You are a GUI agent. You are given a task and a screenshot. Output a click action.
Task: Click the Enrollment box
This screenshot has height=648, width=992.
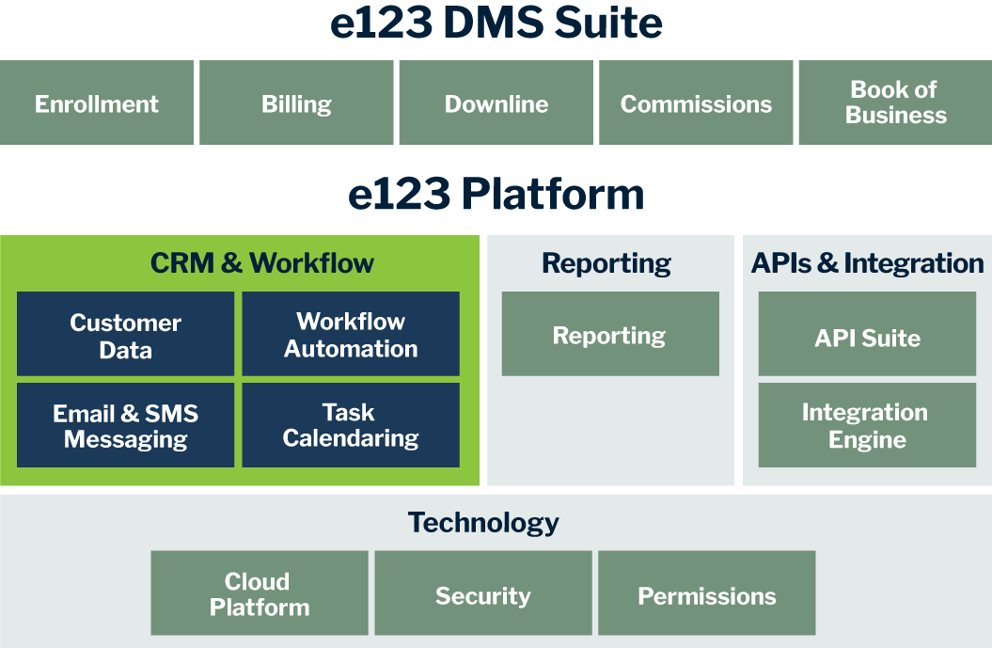97,103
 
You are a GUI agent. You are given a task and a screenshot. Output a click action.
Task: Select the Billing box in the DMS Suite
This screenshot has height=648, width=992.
296,103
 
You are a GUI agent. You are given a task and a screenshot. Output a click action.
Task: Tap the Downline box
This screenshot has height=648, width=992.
496,103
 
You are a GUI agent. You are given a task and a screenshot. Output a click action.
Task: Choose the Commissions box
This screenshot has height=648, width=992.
696,103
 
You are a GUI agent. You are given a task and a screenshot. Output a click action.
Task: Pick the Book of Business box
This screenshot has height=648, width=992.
895,103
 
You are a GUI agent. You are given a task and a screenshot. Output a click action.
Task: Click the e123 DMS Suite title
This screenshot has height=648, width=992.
496,24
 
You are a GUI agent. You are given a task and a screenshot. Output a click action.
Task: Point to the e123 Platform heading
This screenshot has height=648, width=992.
496,195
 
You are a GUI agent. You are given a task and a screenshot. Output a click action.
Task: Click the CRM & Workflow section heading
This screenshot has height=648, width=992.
262,263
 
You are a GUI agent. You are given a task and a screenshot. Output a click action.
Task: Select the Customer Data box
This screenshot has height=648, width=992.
125,335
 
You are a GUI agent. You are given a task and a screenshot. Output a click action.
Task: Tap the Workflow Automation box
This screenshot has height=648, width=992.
351,335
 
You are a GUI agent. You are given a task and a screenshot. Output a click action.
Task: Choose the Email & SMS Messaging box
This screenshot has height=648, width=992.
125,426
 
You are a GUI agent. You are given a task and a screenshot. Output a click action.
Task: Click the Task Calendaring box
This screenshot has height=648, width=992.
351,425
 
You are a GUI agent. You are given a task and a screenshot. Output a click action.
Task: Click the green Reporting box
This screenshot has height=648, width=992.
609,335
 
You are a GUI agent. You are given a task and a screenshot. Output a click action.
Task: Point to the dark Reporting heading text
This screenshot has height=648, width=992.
606,264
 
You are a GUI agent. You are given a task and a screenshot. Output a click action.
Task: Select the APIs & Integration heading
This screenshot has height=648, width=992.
867,264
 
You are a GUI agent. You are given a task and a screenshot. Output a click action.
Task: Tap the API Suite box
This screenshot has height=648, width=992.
867,337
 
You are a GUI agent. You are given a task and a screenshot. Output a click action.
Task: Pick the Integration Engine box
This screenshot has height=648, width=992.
867,425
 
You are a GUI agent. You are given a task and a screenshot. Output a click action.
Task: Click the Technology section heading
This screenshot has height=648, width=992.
483,523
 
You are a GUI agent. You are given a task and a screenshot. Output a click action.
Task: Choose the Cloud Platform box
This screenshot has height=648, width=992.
259,593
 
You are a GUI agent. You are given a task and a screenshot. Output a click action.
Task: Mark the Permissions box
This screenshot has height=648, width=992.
706,595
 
